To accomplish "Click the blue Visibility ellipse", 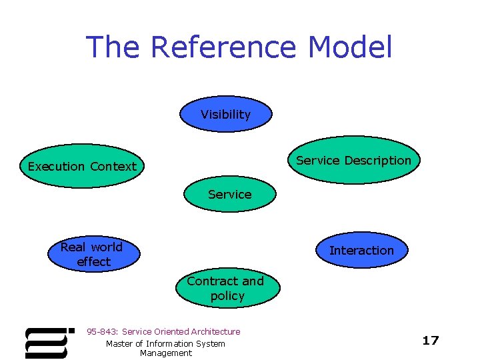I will pyautogui.click(x=226, y=114).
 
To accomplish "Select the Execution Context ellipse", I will pyautogui.click(x=82, y=166).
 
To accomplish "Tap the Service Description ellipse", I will pyautogui.click(x=354, y=160).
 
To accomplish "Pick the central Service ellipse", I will pyautogui.click(x=230, y=194).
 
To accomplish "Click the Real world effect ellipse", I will pyautogui.click(x=92, y=254).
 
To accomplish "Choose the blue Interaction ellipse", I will pyautogui.click(x=362, y=250).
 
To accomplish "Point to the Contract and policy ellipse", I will pyautogui.click(x=227, y=288).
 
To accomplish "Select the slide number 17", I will pyautogui.click(x=431, y=341).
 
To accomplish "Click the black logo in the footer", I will pyautogui.click(x=47, y=342).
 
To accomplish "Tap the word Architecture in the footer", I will pyautogui.click(x=215, y=331).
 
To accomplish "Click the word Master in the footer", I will pyautogui.click(x=119, y=343).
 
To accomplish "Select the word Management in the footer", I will pyautogui.click(x=166, y=353).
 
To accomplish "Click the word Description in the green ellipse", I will pyautogui.click(x=381, y=160).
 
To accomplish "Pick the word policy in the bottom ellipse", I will pyautogui.click(x=227, y=295).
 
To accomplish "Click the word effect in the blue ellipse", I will pyautogui.click(x=93, y=261).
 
